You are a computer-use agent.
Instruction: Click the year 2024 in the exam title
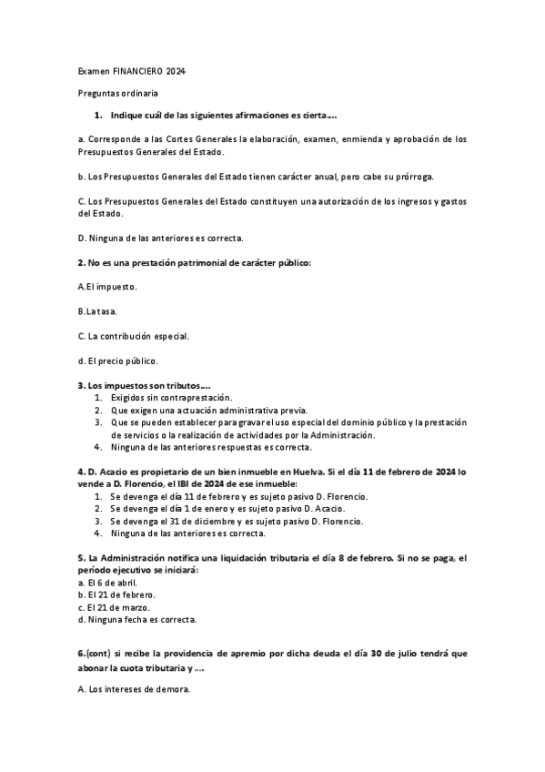point(182,72)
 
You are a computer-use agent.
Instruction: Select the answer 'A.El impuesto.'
point(107,287)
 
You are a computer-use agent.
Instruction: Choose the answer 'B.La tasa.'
point(102,311)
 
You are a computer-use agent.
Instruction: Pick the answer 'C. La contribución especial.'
point(133,336)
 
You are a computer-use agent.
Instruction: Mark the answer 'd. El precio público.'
point(118,361)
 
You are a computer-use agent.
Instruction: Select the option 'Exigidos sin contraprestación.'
point(170,398)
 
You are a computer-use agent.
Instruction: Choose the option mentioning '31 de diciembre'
point(237,522)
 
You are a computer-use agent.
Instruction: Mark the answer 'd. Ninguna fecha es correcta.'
point(136,619)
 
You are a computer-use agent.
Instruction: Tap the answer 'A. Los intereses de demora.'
point(134,691)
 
